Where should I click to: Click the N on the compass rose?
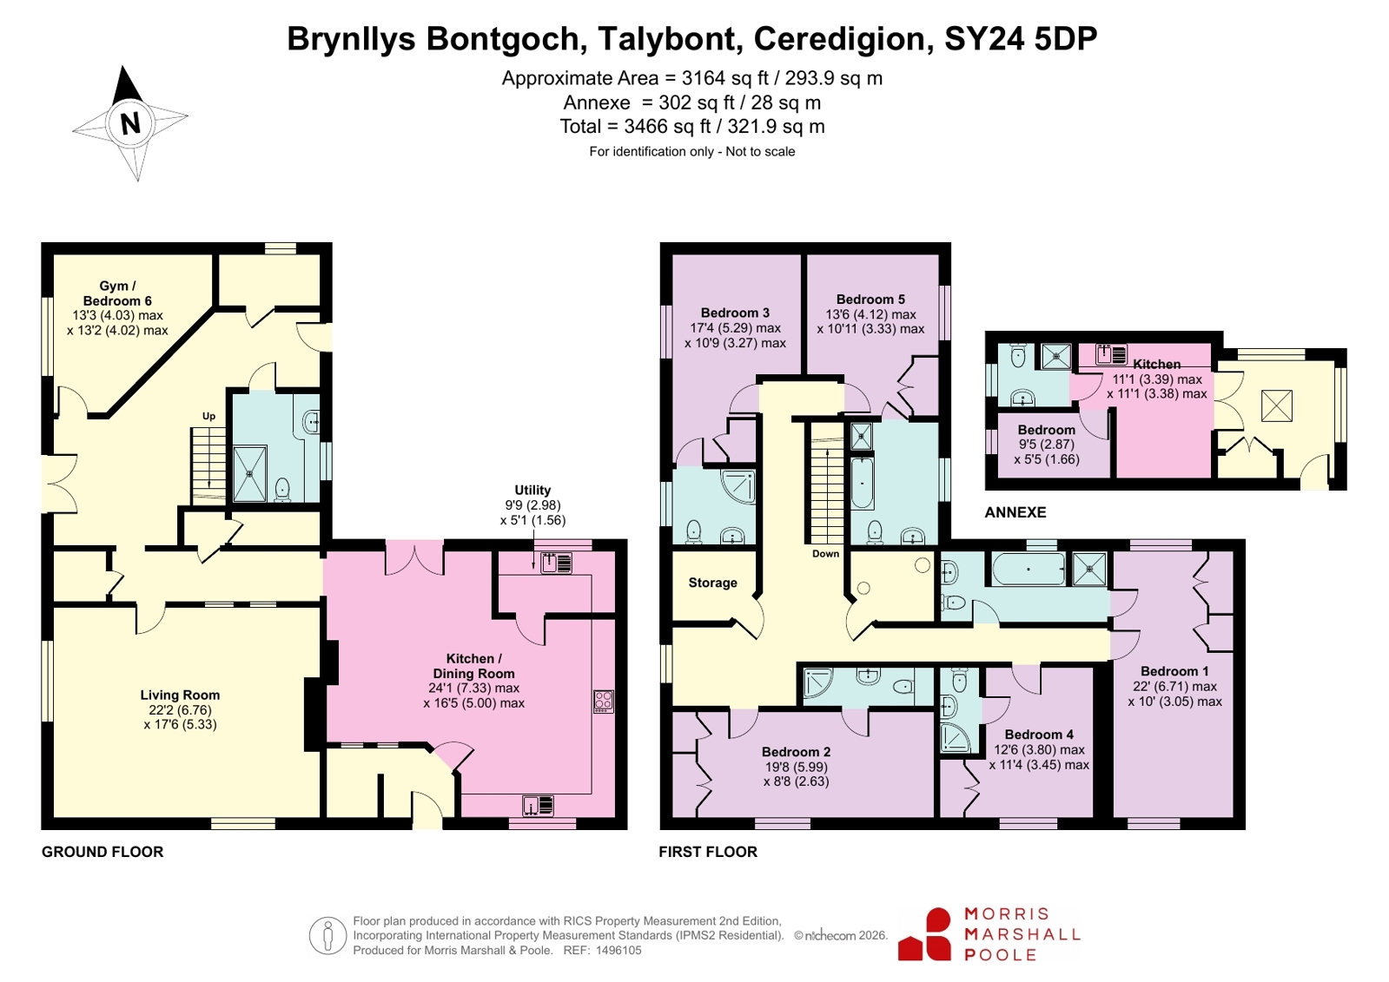[x=130, y=124]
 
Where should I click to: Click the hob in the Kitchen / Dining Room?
[x=604, y=702]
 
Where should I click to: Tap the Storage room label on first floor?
[x=712, y=583]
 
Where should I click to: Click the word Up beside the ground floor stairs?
[x=209, y=417]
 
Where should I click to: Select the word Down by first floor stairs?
[x=825, y=554]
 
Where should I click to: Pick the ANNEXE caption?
[x=1015, y=512]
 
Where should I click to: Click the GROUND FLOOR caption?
[x=103, y=852]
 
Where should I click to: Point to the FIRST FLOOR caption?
[x=708, y=852]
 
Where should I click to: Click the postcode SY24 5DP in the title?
[x=1021, y=38]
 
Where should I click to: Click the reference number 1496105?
[x=618, y=951]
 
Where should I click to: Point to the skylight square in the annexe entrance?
[x=1277, y=405]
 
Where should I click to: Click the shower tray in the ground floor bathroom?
[x=250, y=474]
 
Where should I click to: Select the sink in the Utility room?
[x=556, y=563]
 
